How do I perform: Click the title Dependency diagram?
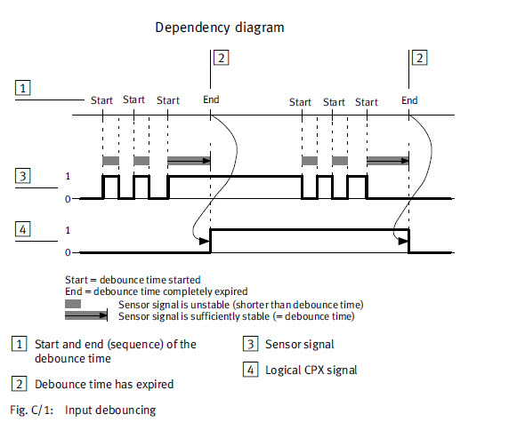220,28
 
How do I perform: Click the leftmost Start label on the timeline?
101,100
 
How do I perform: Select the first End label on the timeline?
211,100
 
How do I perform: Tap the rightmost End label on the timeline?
409,100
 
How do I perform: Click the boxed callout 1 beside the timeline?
23,88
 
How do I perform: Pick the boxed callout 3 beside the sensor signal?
23,176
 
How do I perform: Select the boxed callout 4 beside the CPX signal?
23,229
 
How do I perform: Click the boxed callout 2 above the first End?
222,58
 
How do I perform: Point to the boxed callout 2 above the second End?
420,58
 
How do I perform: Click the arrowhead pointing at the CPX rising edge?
205,242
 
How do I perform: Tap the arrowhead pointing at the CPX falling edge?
403,242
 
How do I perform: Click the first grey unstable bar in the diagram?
110,161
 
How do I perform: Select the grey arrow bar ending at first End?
189,161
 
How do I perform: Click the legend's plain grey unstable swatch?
73,304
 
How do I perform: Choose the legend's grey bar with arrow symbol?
86,315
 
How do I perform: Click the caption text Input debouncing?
110,410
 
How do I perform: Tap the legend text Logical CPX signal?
311,370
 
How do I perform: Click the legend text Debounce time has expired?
104,384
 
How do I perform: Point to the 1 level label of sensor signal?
68,176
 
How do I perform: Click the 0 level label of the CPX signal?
68,252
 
